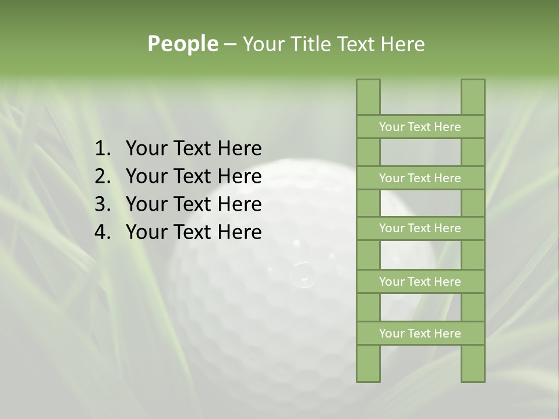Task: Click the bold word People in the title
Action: pyautogui.click(x=182, y=44)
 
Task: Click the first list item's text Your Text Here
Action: pyautogui.click(x=193, y=149)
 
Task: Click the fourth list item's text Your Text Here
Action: pyautogui.click(x=193, y=232)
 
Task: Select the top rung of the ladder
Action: pyautogui.click(x=420, y=127)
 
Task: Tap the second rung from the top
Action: pyautogui.click(x=420, y=178)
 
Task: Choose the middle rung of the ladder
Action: pyautogui.click(x=420, y=228)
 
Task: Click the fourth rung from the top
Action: pyautogui.click(x=420, y=282)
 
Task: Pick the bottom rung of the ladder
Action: pyautogui.click(x=420, y=333)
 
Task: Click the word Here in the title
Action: pyautogui.click(x=402, y=44)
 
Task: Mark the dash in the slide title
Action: pyautogui.click(x=230, y=44)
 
